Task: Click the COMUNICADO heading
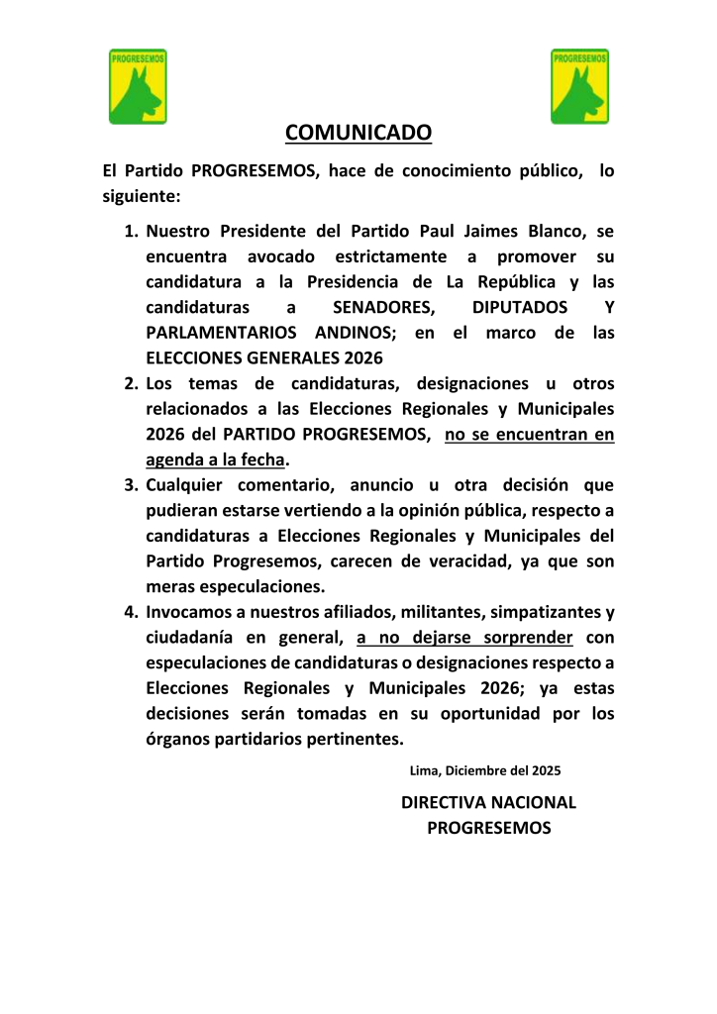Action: click(x=358, y=133)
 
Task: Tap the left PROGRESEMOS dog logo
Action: click(x=138, y=86)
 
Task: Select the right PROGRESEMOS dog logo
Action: click(x=579, y=86)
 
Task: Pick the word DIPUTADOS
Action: click(x=521, y=307)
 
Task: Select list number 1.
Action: click(x=130, y=232)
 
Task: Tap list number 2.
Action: click(x=130, y=383)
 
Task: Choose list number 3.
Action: click(x=130, y=485)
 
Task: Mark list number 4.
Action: click(x=130, y=612)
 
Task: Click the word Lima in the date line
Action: click(x=425, y=769)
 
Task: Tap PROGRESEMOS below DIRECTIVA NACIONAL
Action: click(x=488, y=828)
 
